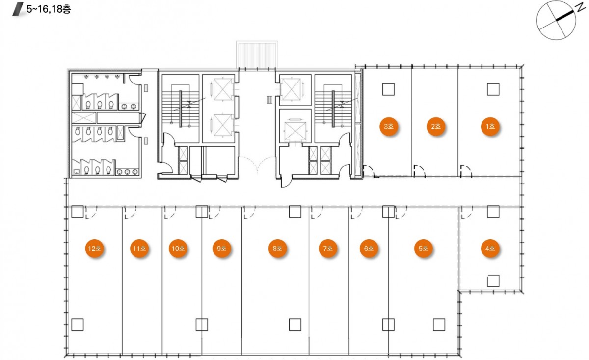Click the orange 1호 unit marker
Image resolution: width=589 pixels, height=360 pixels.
[490, 127]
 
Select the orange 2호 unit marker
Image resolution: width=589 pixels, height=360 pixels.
[436, 127]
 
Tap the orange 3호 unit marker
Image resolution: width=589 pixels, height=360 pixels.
[389, 127]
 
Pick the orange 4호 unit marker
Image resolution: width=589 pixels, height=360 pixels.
[490, 249]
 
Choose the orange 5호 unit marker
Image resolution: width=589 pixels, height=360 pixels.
[423, 249]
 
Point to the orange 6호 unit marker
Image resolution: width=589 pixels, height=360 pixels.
[369, 249]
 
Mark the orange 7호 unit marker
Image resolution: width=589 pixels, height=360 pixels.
[328, 249]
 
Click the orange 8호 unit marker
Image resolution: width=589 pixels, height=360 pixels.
[277, 249]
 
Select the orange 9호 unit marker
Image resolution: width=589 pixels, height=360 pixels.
[222, 249]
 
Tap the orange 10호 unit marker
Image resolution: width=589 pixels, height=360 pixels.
[178, 249]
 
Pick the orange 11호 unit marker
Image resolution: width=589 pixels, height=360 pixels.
[139, 249]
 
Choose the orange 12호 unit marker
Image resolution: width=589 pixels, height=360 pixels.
[94, 249]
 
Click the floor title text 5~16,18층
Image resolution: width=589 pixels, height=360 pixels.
[49, 9]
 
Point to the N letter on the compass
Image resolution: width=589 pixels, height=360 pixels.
[580, 8]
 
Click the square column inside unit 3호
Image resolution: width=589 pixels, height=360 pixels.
[388, 89]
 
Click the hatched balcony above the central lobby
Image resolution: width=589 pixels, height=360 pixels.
[257, 55]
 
